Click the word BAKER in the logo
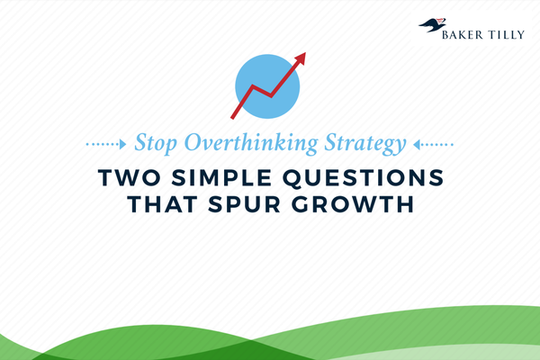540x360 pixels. (x=457, y=34)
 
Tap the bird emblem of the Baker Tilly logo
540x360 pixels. (x=432, y=25)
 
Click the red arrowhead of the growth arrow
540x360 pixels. (x=301, y=58)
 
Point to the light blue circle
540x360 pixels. (x=267, y=86)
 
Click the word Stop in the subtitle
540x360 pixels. (x=156, y=142)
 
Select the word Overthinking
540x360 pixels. (x=251, y=143)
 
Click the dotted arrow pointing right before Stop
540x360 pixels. (x=106, y=144)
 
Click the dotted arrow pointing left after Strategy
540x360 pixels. (x=433, y=144)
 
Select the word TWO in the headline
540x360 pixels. (x=130, y=178)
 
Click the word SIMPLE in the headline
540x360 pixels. (x=221, y=178)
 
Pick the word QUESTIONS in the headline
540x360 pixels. (x=364, y=178)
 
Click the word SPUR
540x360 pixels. (x=244, y=204)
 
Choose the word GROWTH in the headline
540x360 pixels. (x=353, y=204)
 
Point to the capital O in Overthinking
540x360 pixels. (x=193, y=142)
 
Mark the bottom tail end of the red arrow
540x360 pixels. (x=232, y=118)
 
